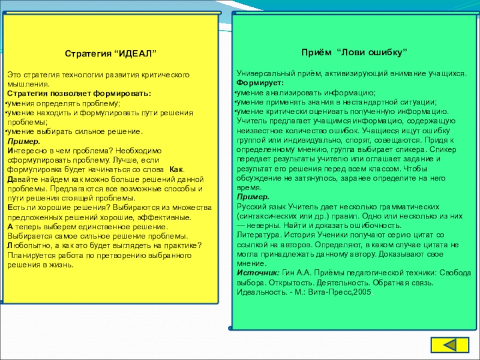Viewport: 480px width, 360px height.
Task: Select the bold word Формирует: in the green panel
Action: click(260, 82)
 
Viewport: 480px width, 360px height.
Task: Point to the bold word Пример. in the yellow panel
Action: click(25, 140)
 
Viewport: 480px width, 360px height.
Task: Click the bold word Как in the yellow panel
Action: click(177, 170)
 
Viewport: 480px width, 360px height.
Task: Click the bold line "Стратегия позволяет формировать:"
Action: click(79, 94)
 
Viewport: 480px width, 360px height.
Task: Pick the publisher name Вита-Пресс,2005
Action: click(340, 292)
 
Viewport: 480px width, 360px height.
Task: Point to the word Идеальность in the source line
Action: click(259, 292)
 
